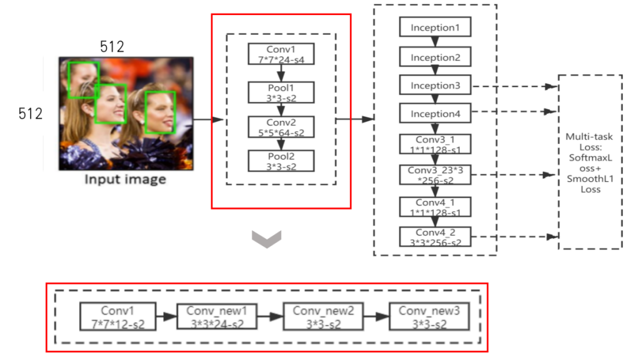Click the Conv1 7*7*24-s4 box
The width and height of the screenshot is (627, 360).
point(281,54)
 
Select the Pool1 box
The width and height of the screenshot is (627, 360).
point(281,92)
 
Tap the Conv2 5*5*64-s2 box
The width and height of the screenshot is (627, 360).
point(281,127)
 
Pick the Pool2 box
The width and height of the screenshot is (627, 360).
point(281,161)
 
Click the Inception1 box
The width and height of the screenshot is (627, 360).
point(435,27)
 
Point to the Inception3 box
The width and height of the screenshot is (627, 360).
point(435,85)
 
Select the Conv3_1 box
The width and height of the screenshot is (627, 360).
point(435,144)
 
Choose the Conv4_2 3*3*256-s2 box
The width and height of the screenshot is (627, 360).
point(435,237)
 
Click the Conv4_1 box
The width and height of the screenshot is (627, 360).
point(435,207)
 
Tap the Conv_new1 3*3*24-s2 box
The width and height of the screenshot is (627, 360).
point(217,316)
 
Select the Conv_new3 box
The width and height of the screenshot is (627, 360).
point(429,316)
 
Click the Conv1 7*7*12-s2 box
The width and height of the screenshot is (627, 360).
point(117,316)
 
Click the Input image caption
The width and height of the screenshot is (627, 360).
point(125,179)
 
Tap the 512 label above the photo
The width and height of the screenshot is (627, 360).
point(112,47)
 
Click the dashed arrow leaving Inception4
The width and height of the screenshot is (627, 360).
point(514,111)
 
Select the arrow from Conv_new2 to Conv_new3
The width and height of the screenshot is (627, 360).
point(376,316)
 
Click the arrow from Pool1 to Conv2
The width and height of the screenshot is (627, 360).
point(281,110)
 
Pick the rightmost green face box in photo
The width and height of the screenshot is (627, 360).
point(160,113)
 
